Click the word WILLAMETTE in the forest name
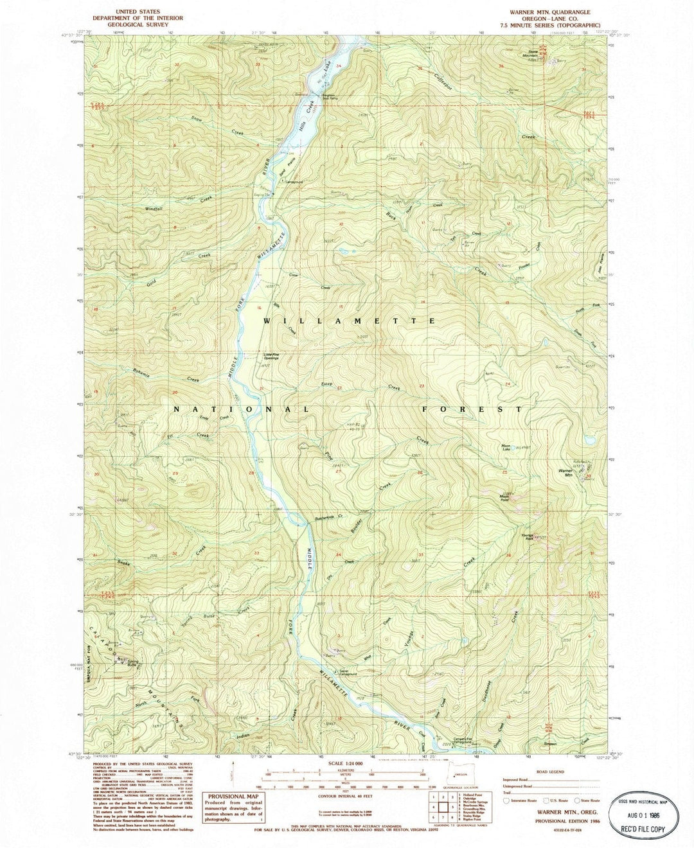coord(343,319)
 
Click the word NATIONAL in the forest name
coord(242,409)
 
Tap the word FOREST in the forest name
coord(472,409)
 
